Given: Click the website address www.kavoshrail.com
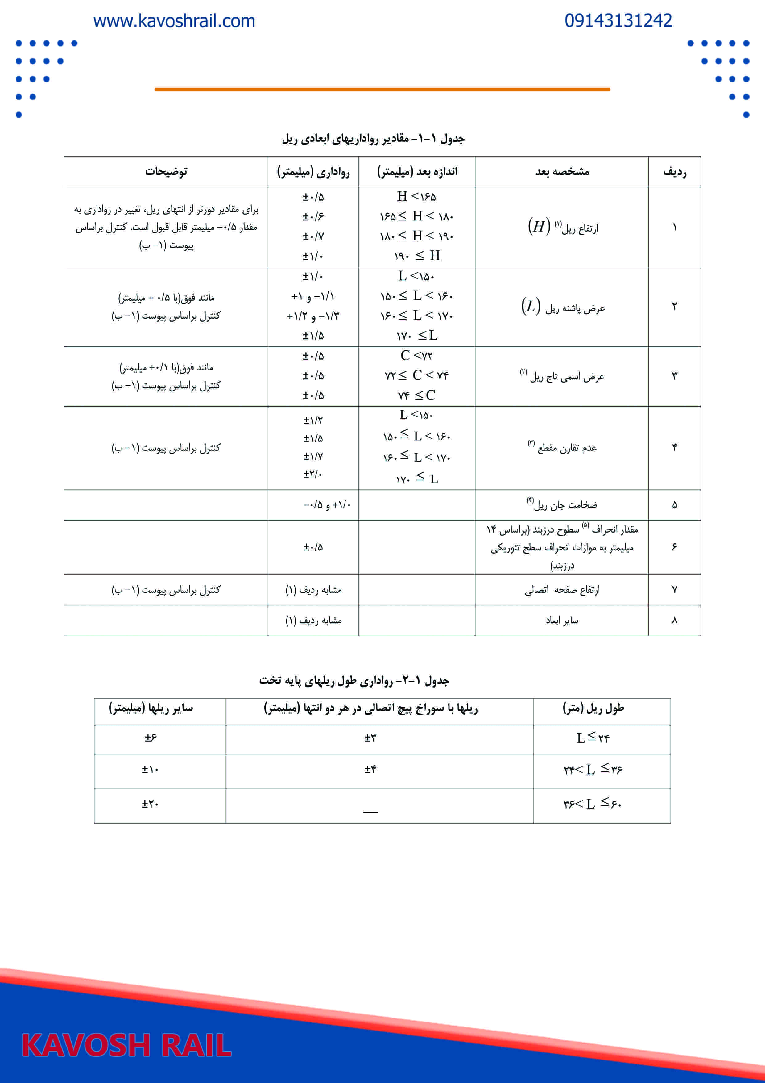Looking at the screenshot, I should [x=174, y=21].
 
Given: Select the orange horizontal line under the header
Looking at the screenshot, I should [x=382, y=89].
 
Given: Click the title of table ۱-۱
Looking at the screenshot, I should [x=373, y=139].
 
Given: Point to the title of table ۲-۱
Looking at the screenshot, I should [x=354, y=680].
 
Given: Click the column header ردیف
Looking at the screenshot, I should [x=675, y=172].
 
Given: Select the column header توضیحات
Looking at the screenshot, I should [x=166, y=172].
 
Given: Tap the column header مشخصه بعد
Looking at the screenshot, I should [x=562, y=172].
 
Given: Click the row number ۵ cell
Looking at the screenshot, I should [x=675, y=505].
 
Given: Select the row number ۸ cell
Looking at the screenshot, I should [x=675, y=620].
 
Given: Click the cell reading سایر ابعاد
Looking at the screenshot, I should [x=562, y=620].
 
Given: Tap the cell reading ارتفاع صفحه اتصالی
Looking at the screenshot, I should [x=562, y=590].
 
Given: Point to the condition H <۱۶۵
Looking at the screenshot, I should [x=416, y=196].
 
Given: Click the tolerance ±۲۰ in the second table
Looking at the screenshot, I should [x=150, y=804].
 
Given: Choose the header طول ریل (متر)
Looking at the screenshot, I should [x=593, y=708].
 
